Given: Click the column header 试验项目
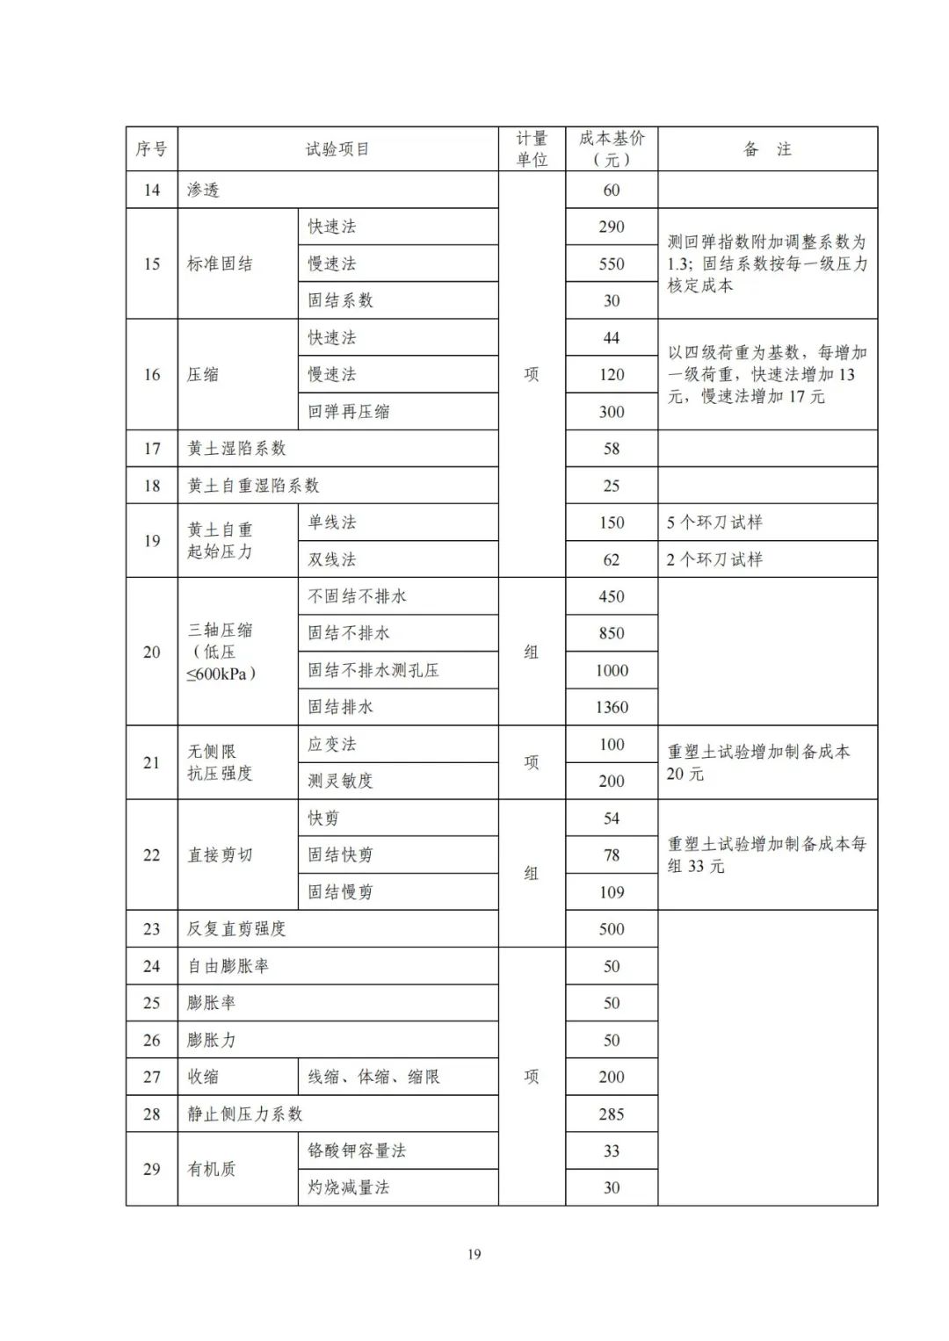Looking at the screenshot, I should point(337,149).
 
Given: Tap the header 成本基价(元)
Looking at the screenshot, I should point(612,149).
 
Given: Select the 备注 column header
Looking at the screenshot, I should point(767,149).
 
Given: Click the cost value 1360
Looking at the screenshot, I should point(612,707).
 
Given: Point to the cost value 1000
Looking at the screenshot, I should point(612,670).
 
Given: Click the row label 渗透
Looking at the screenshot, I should point(204,190).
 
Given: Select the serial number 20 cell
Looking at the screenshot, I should point(152,652).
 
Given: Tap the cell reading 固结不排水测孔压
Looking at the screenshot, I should point(373,670).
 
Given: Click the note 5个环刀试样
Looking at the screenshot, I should point(714,523).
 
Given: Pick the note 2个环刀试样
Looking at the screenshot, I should point(714,559).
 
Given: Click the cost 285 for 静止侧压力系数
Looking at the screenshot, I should point(612,1114).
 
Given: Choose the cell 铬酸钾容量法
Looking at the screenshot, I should point(357,1150).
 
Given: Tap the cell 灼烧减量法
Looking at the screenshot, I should point(348,1187).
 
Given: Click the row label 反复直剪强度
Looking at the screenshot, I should point(236,929).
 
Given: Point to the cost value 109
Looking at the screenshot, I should point(612,892).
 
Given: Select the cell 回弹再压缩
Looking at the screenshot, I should point(348,411).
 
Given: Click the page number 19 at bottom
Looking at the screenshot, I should point(474,1254).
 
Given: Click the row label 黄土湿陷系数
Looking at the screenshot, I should point(236,449).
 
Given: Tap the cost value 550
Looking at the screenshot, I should point(612,263).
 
